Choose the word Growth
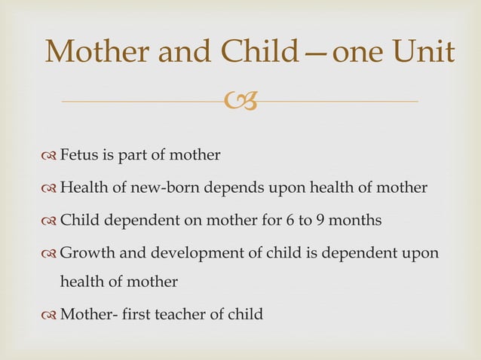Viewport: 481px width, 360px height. click(84, 253)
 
